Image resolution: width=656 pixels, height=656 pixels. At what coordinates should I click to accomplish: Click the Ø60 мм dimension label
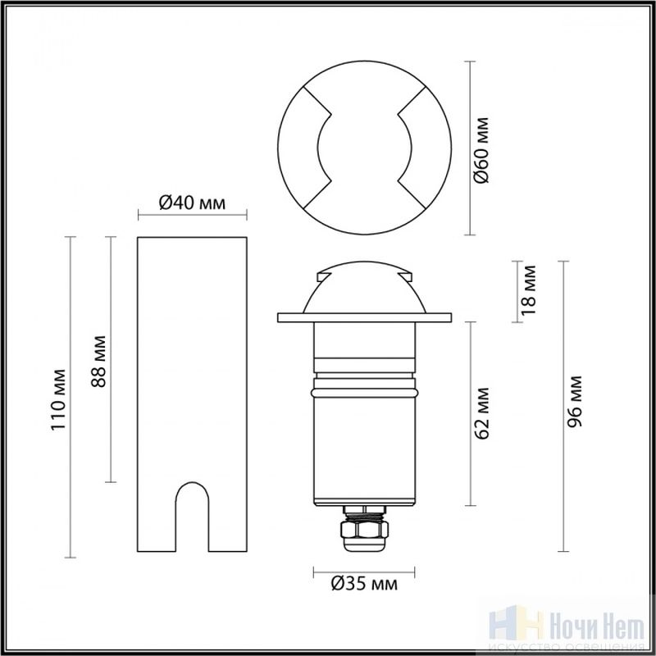(x=481, y=150)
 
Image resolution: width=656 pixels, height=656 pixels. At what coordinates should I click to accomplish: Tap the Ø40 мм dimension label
(x=192, y=203)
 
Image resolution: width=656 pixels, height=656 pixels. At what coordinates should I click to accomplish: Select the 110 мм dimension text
(x=58, y=399)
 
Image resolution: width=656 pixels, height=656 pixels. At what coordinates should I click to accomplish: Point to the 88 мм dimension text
(x=98, y=362)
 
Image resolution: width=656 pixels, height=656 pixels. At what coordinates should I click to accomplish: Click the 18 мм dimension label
(x=528, y=290)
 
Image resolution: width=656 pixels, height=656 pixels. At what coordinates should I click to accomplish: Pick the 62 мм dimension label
(x=481, y=413)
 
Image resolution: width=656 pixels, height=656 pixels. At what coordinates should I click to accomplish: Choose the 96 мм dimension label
(x=575, y=401)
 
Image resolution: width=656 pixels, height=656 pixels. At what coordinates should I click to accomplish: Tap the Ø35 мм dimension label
(x=364, y=584)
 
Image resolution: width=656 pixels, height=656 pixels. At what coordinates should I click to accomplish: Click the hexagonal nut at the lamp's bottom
(x=364, y=529)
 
